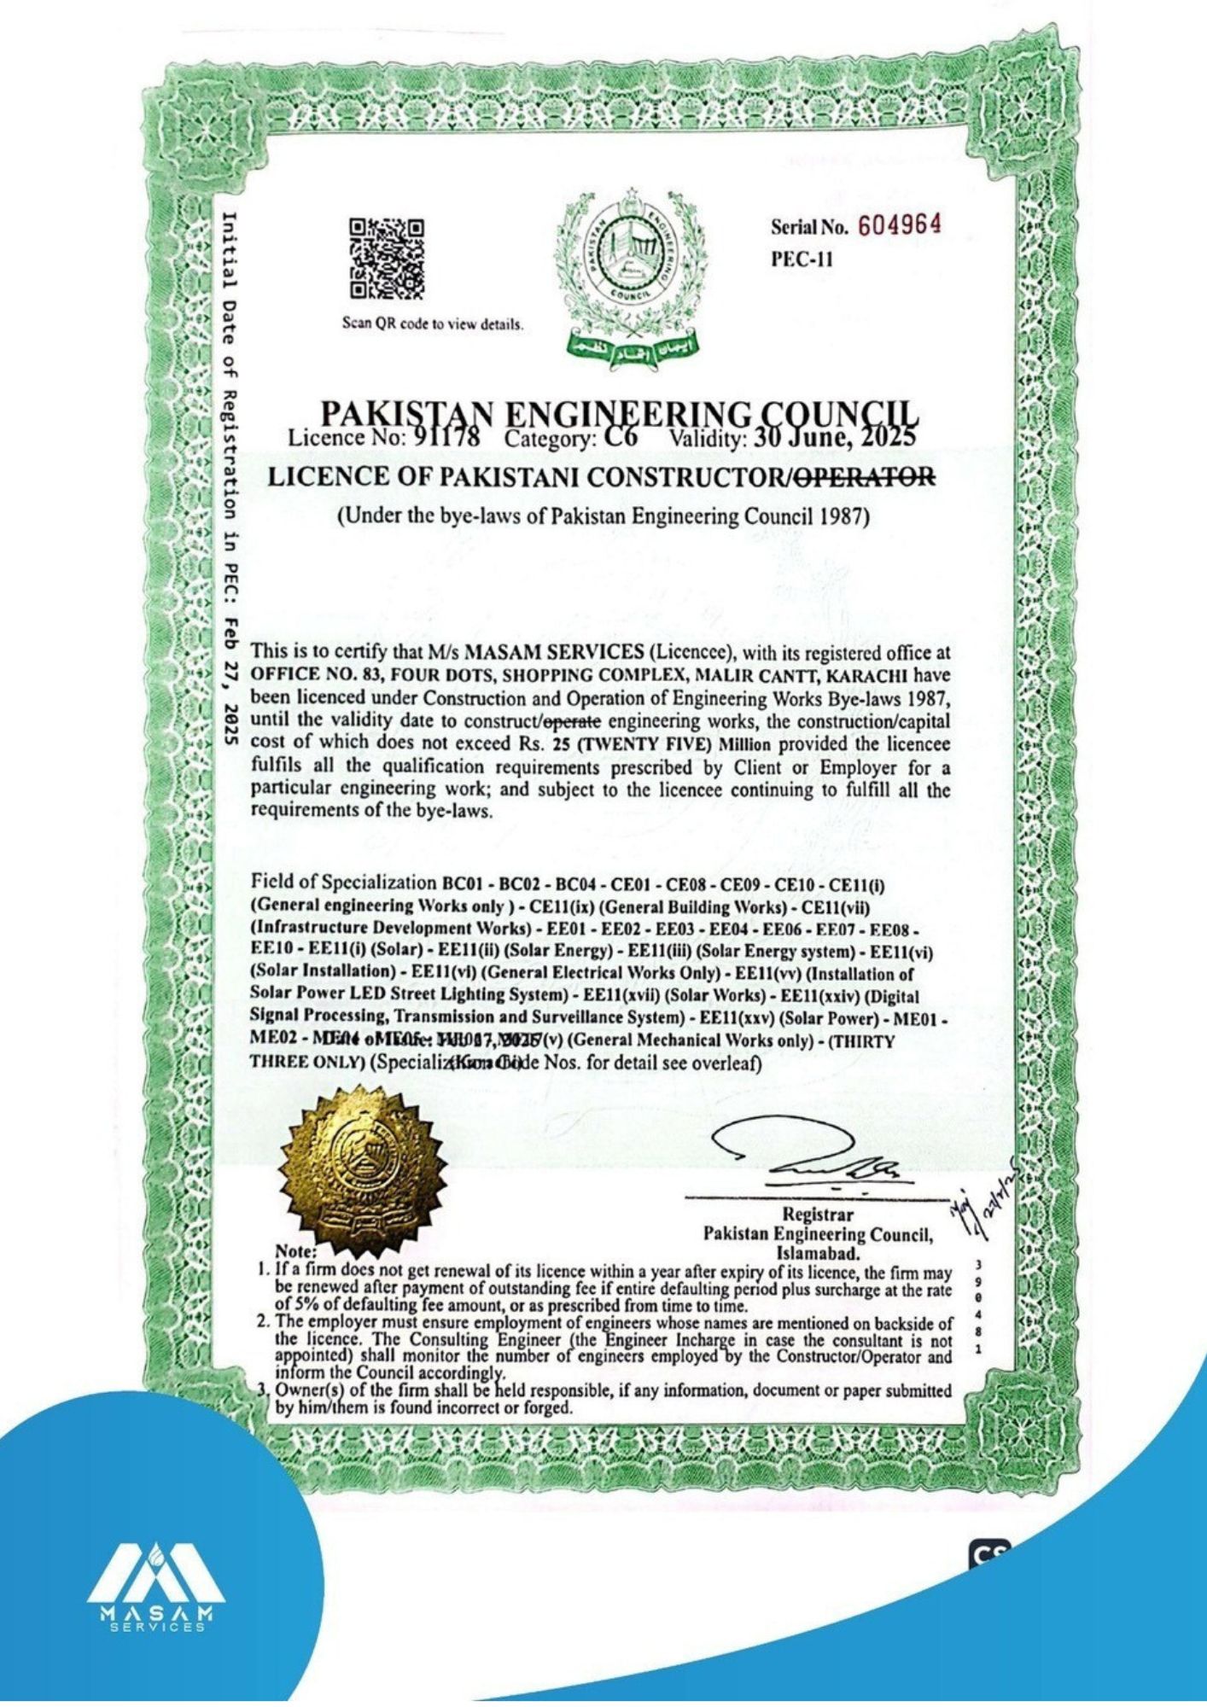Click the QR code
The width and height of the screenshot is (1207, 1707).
point(386,259)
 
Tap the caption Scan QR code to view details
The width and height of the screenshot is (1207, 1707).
point(433,325)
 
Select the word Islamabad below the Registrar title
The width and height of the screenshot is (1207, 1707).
point(815,1253)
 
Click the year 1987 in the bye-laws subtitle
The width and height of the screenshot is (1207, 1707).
point(844,516)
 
